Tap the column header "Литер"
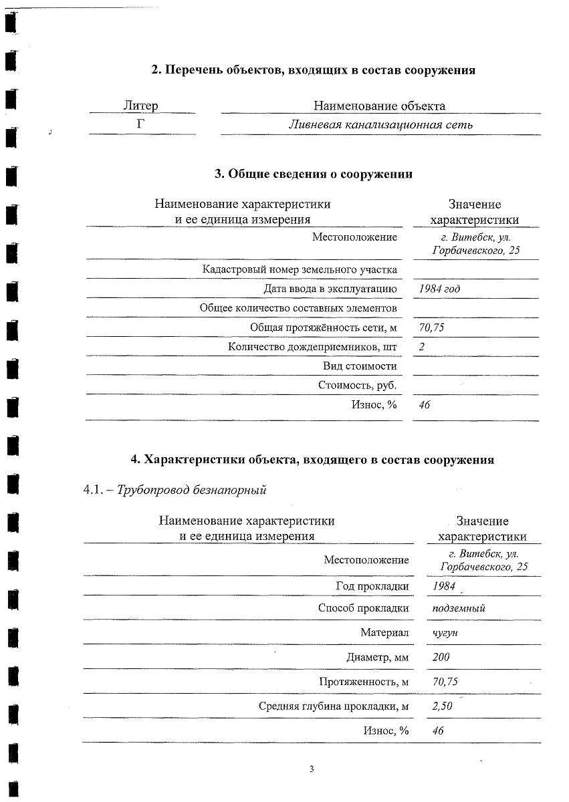pos(141,106)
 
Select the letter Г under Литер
pos(141,124)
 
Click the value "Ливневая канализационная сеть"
pos(380,124)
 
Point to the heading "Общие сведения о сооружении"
pos(313,174)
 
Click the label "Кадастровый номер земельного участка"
pos(300,269)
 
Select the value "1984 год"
pos(439,289)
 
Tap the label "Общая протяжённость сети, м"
pos(324,327)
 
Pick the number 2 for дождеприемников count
pos(422,347)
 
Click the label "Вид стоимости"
pos(360,366)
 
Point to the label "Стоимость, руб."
pos(358,386)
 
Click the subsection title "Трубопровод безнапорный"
pos(191,490)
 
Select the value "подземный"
pos(459,608)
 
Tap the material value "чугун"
pos(445,632)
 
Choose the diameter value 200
pos(441,657)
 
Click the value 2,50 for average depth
pos(443,706)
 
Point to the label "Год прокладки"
pos(372,586)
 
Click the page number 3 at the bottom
pos(312,769)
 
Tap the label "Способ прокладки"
pos(363,608)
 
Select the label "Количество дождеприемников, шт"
pos(312,347)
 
